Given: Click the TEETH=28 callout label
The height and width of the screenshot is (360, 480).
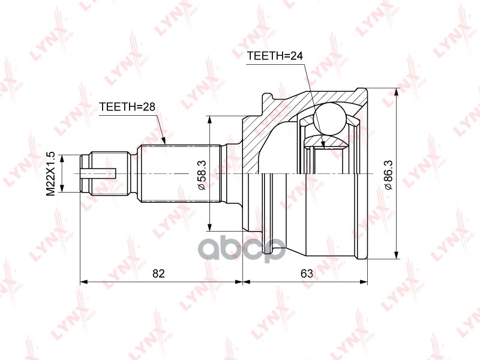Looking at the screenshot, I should click(127, 107).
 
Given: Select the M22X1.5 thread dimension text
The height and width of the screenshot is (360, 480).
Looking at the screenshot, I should click(51, 173).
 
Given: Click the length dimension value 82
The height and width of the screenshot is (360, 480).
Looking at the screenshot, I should click(158, 274).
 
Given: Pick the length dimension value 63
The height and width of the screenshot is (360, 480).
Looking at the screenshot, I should click(307, 274).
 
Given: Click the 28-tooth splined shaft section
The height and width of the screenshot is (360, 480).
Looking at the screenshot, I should click(180, 173).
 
